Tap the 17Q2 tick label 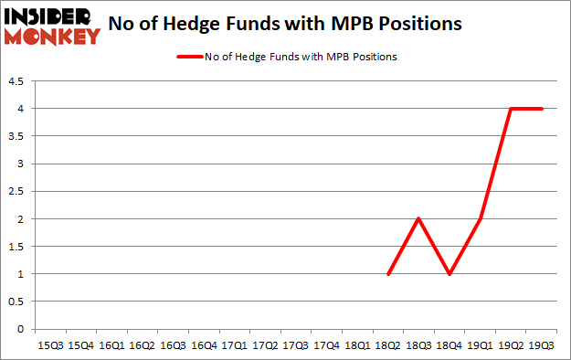point(265,345)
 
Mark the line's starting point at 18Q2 point(389,274)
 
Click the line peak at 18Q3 point(419,219)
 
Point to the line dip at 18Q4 point(450,274)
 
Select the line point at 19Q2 point(512,109)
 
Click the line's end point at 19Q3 point(543,109)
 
